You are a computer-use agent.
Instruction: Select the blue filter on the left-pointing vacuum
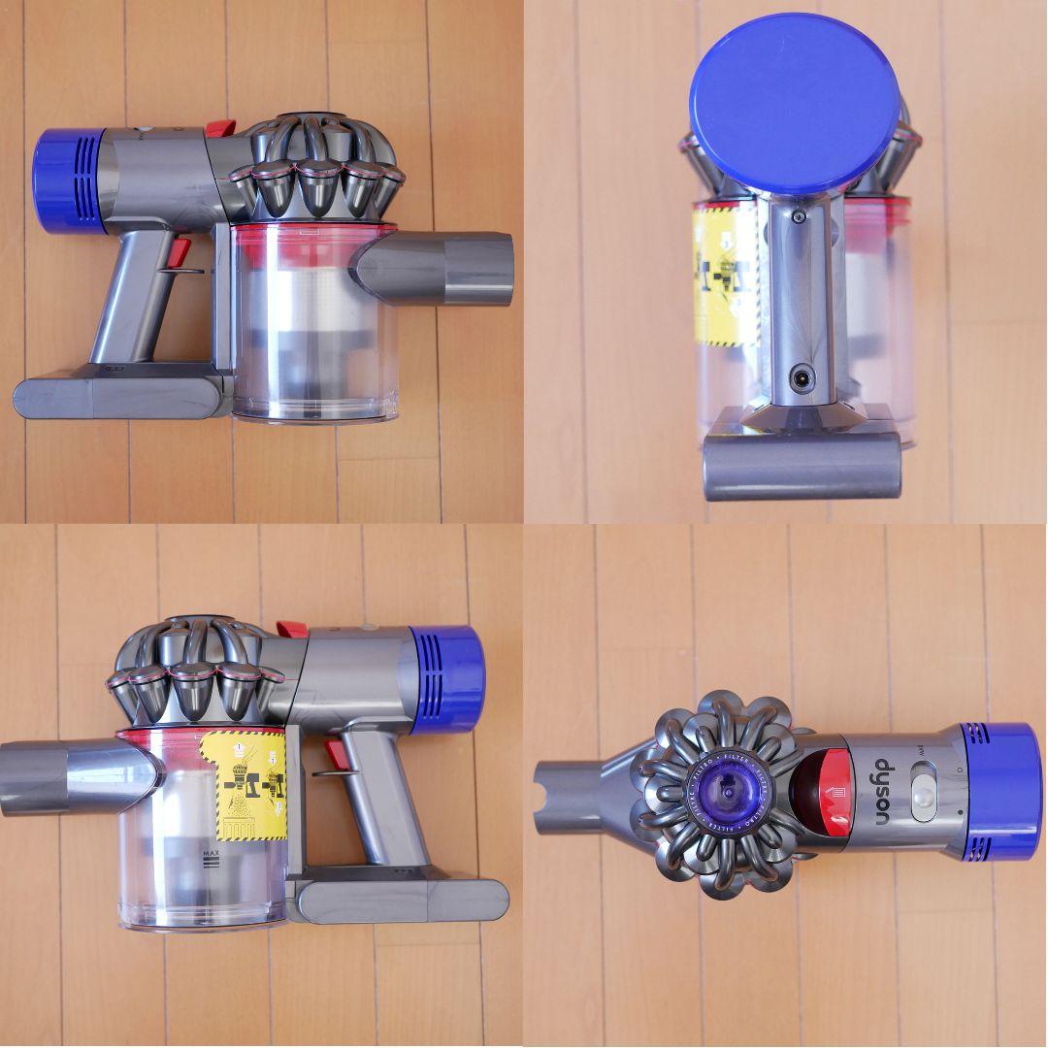(447, 678)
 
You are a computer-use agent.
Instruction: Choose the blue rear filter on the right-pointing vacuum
(68, 182)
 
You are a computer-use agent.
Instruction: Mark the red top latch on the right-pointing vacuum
(219, 128)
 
